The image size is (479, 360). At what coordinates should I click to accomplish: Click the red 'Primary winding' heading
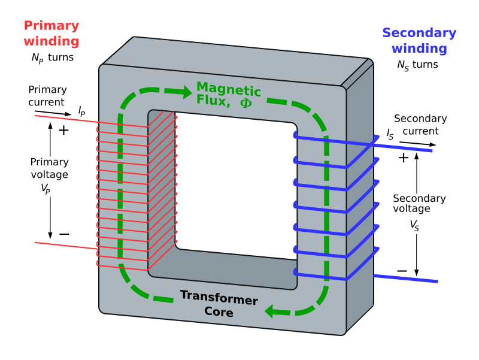51,34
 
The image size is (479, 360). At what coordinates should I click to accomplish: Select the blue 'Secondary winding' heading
419,41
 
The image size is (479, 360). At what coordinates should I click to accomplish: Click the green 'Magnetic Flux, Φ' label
228,96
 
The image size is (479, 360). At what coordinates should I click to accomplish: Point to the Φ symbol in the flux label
246,102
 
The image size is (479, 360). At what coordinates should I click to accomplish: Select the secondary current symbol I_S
390,134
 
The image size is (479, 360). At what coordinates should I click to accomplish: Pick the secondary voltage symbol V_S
414,225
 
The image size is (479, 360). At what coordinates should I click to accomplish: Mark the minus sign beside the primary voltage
64,234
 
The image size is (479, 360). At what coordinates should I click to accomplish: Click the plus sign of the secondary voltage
403,158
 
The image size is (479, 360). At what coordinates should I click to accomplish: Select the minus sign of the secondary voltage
402,271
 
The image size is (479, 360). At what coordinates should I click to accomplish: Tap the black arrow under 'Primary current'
52,112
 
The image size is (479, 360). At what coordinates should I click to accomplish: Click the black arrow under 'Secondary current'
418,144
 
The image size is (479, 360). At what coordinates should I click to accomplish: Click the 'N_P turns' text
53,58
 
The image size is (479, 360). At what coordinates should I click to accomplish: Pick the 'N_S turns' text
417,65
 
